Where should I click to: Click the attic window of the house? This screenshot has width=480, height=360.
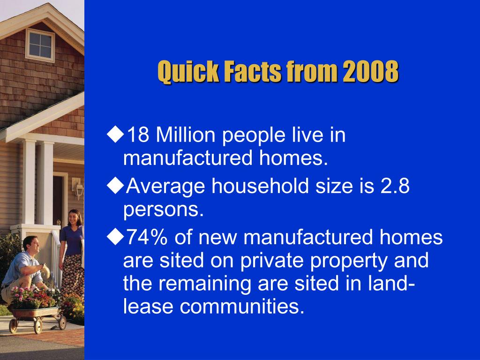point(40,44)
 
